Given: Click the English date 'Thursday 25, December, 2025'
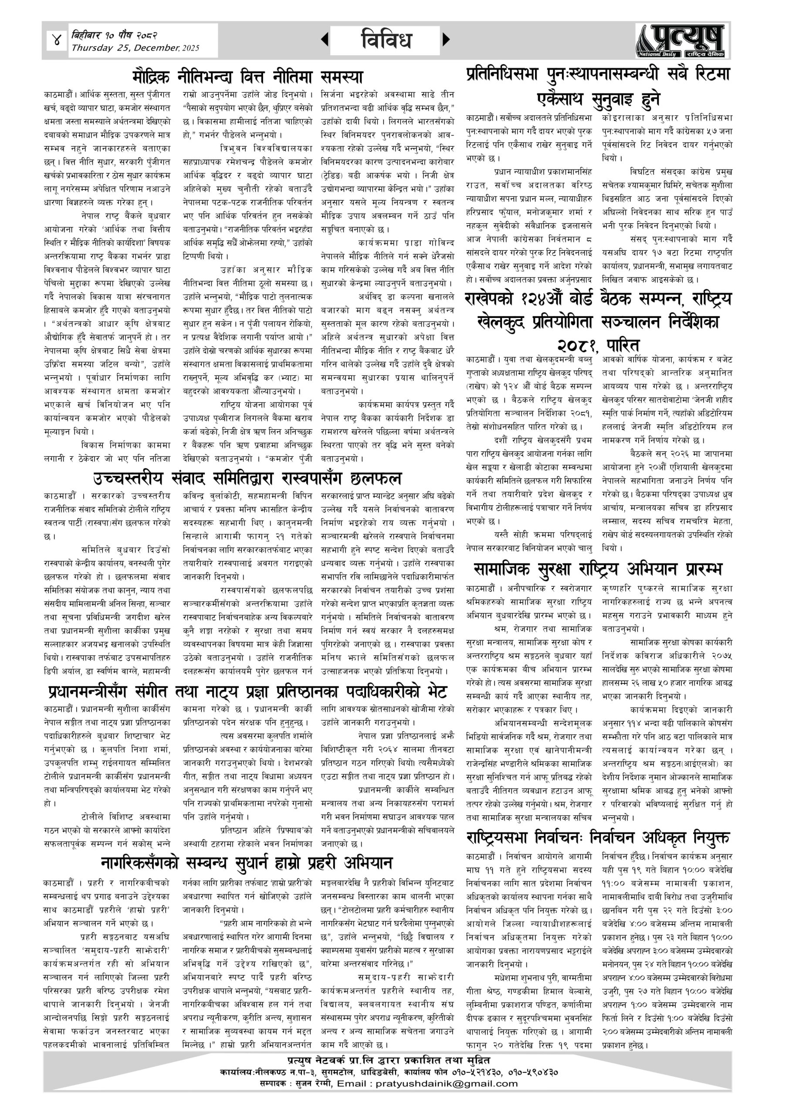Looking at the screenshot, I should [135, 47].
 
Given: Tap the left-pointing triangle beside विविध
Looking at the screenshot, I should [325, 39].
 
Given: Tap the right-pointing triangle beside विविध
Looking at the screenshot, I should [446, 39].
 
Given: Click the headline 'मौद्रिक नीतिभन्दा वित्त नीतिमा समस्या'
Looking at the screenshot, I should [248, 78].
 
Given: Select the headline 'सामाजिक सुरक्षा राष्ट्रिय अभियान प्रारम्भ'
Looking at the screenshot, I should [598, 569].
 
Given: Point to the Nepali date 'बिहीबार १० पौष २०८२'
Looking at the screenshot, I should [114, 35].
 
